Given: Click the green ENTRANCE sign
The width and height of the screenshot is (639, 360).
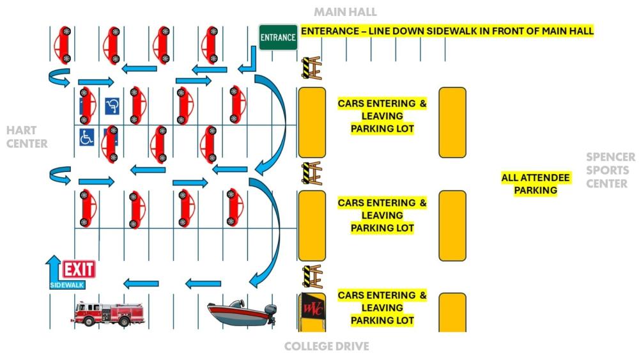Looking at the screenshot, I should click(278, 37).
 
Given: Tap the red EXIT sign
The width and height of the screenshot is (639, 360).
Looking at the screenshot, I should click(79, 269).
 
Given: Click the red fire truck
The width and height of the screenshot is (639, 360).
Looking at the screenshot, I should click(107, 315).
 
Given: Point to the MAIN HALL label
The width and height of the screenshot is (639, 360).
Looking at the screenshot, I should click(345, 12).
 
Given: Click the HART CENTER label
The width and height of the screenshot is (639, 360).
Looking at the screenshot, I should click(27, 137).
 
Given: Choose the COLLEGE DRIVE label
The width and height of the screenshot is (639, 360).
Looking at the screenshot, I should click(327, 347).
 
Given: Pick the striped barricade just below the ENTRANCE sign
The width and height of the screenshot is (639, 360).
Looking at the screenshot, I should click(311, 68).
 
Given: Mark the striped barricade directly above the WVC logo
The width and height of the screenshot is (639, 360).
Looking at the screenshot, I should click(311, 276).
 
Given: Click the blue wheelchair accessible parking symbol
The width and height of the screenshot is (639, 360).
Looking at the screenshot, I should click(86, 136).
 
